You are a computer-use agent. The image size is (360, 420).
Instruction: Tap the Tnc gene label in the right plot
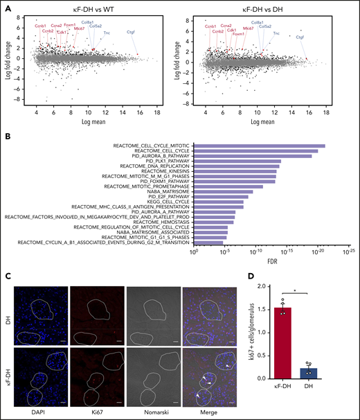tap(276, 33)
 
